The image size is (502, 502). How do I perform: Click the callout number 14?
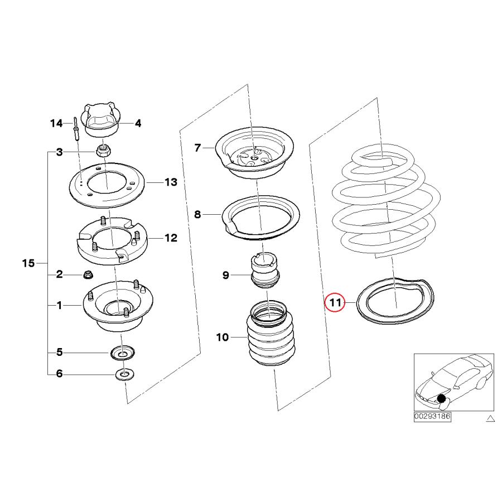[x=56, y=123]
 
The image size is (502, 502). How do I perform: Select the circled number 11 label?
[x=335, y=302]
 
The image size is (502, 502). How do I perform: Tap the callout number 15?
[x=28, y=263]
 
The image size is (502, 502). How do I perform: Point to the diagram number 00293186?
[x=432, y=416]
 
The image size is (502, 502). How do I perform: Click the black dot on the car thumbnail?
[x=441, y=398]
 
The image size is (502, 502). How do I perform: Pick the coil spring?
[x=385, y=201]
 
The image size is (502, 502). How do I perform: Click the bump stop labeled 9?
[x=265, y=272]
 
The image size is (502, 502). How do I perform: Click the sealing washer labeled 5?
[x=122, y=353]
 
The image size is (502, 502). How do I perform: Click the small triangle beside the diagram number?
[x=490, y=418]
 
